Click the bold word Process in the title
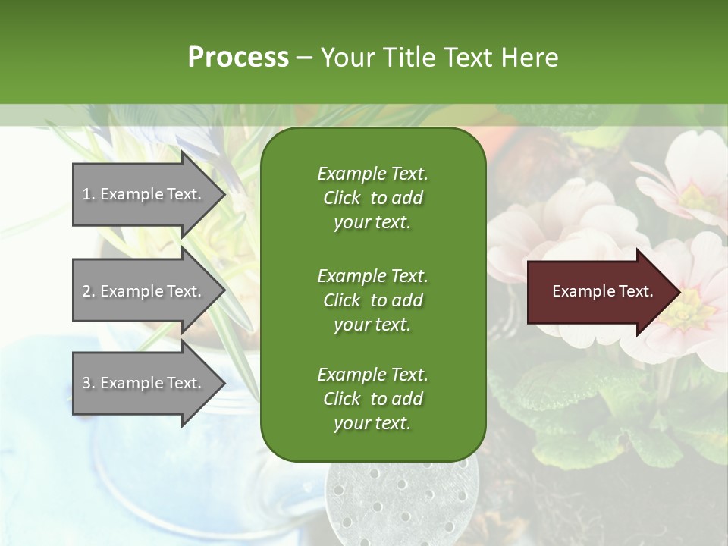[x=238, y=57]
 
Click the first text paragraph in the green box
[x=372, y=198]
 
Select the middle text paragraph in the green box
[x=372, y=300]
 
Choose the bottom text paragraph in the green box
[x=372, y=399]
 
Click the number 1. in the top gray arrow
[x=89, y=194]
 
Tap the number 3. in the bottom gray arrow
[x=89, y=383]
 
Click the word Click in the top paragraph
[x=341, y=198]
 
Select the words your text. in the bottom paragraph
[x=372, y=423]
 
